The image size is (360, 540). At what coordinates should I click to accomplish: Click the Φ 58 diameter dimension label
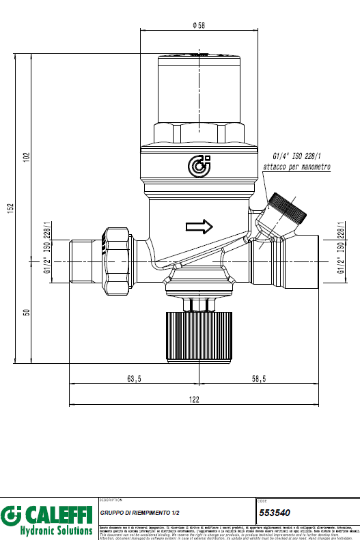pos(199,25)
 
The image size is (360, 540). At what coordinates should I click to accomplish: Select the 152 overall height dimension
pos(12,208)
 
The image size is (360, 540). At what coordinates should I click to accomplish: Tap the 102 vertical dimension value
pos(27,156)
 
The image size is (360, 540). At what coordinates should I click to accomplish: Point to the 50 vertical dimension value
pos(27,312)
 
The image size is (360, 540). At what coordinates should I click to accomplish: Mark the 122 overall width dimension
pos(194,400)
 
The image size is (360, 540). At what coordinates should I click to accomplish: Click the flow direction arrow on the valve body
pos(199,225)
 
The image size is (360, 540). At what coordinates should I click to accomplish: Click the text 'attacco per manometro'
pos(297,167)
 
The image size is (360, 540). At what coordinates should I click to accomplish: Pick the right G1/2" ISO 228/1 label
pos(341,248)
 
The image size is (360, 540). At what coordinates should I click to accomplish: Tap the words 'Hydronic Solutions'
pos(56,530)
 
